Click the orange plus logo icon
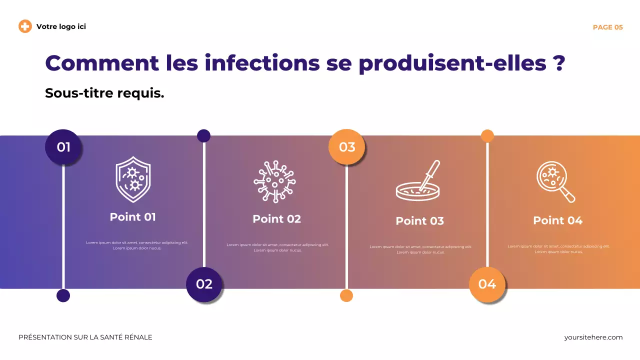pos(25,26)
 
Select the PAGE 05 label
pos(607,27)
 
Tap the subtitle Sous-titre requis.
pos(104,93)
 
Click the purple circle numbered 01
pos(63,147)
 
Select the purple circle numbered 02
pos(204,284)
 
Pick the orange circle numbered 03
pos(346,147)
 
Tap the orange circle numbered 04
pos(487,284)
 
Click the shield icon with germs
pos(133,179)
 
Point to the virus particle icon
pos(274,181)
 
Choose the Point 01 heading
pos(132,217)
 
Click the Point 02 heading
pos(276,219)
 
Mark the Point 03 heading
pos(419,221)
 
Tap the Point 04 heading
pos(557,220)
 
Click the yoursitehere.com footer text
pos(593,337)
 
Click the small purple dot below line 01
pos(63,295)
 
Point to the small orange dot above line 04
pos(487,136)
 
